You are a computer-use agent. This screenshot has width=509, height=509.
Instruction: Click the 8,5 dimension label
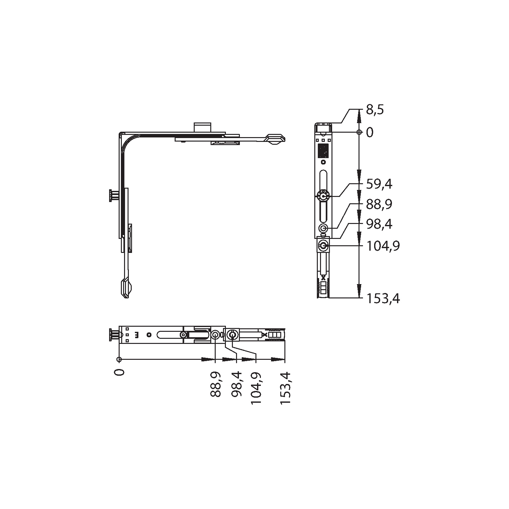coord(375,110)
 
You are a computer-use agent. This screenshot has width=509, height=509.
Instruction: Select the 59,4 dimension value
coord(379,184)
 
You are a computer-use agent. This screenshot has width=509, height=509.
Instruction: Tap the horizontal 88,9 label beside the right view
coord(379,204)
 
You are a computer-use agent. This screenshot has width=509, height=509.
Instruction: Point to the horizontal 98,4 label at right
coord(379,224)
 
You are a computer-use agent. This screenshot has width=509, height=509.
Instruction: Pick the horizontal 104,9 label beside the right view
coord(383,246)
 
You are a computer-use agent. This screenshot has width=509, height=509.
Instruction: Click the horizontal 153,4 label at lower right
coord(383,299)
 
